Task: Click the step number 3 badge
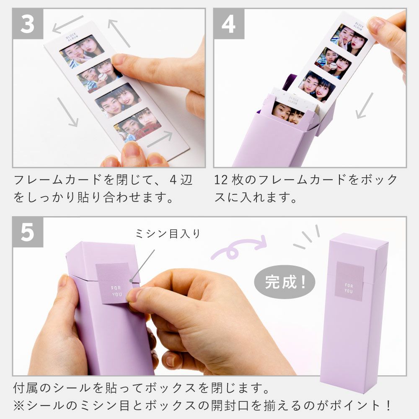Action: point(28,24)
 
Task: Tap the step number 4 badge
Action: point(229,24)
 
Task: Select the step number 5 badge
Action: point(28,232)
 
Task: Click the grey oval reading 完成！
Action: point(285,282)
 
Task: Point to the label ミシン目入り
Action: point(168,234)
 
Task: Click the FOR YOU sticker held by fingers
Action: point(114,283)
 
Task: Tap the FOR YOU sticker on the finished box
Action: point(349,281)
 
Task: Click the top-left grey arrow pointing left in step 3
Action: point(68,24)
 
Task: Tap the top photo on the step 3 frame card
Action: point(82,51)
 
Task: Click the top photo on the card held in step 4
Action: point(349,40)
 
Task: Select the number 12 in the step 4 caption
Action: point(221,180)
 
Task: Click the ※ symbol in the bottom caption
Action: point(19,405)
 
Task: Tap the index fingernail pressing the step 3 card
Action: point(119,60)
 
